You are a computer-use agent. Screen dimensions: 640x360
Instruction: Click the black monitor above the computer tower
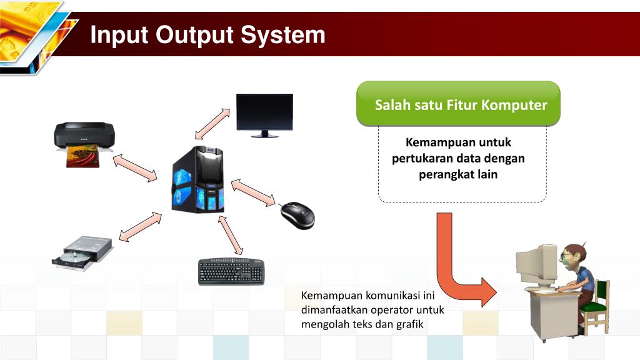tap(264, 113)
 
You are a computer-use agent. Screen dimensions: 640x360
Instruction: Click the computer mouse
tap(297, 214)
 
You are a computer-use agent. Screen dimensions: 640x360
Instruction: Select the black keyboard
tap(232, 271)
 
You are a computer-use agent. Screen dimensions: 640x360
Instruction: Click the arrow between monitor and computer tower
tap(214, 123)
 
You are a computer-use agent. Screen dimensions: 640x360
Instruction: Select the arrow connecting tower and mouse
tap(253, 192)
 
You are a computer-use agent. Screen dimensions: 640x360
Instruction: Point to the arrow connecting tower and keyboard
tap(231, 234)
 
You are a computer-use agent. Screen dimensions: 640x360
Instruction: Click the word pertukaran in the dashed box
tap(422, 158)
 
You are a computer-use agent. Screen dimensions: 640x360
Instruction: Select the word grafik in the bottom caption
tap(409, 324)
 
